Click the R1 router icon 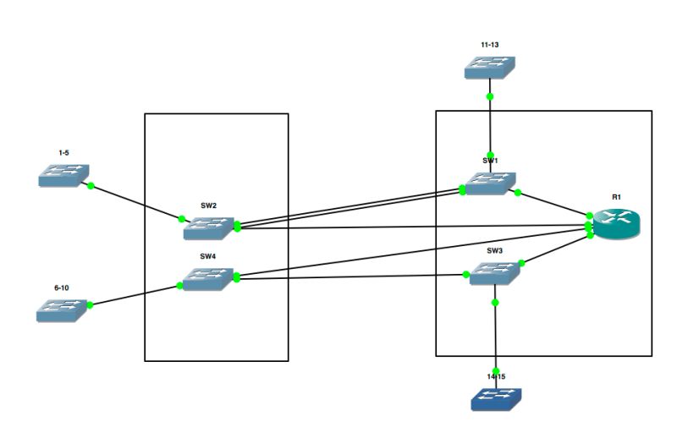click(617, 222)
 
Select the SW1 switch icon click(489, 183)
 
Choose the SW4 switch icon click(208, 279)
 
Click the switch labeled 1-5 click(63, 174)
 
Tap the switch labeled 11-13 click(490, 68)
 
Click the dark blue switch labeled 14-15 click(496, 398)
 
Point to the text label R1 click(617, 196)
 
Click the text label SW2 click(209, 205)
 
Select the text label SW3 click(495, 251)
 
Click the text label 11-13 click(490, 43)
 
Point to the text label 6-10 click(62, 287)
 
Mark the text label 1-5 click(63, 152)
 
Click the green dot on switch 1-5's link click(91, 185)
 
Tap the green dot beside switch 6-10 click(90, 304)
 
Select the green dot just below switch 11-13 click(490, 96)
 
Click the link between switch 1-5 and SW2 click(135, 202)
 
